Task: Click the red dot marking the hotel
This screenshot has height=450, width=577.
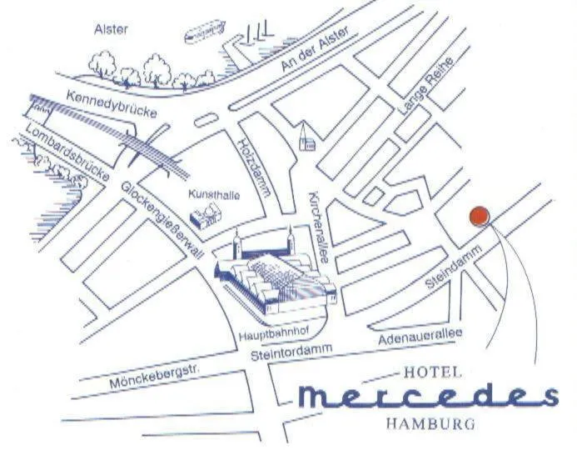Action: tap(479, 216)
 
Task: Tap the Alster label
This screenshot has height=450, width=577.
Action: tap(111, 30)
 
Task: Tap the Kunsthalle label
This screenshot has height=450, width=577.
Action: tap(215, 195)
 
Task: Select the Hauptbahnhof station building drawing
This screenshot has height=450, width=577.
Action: tap(274, 275)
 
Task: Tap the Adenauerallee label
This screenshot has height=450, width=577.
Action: tap(419, 337)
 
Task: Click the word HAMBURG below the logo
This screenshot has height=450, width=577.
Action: tap(431, 422)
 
